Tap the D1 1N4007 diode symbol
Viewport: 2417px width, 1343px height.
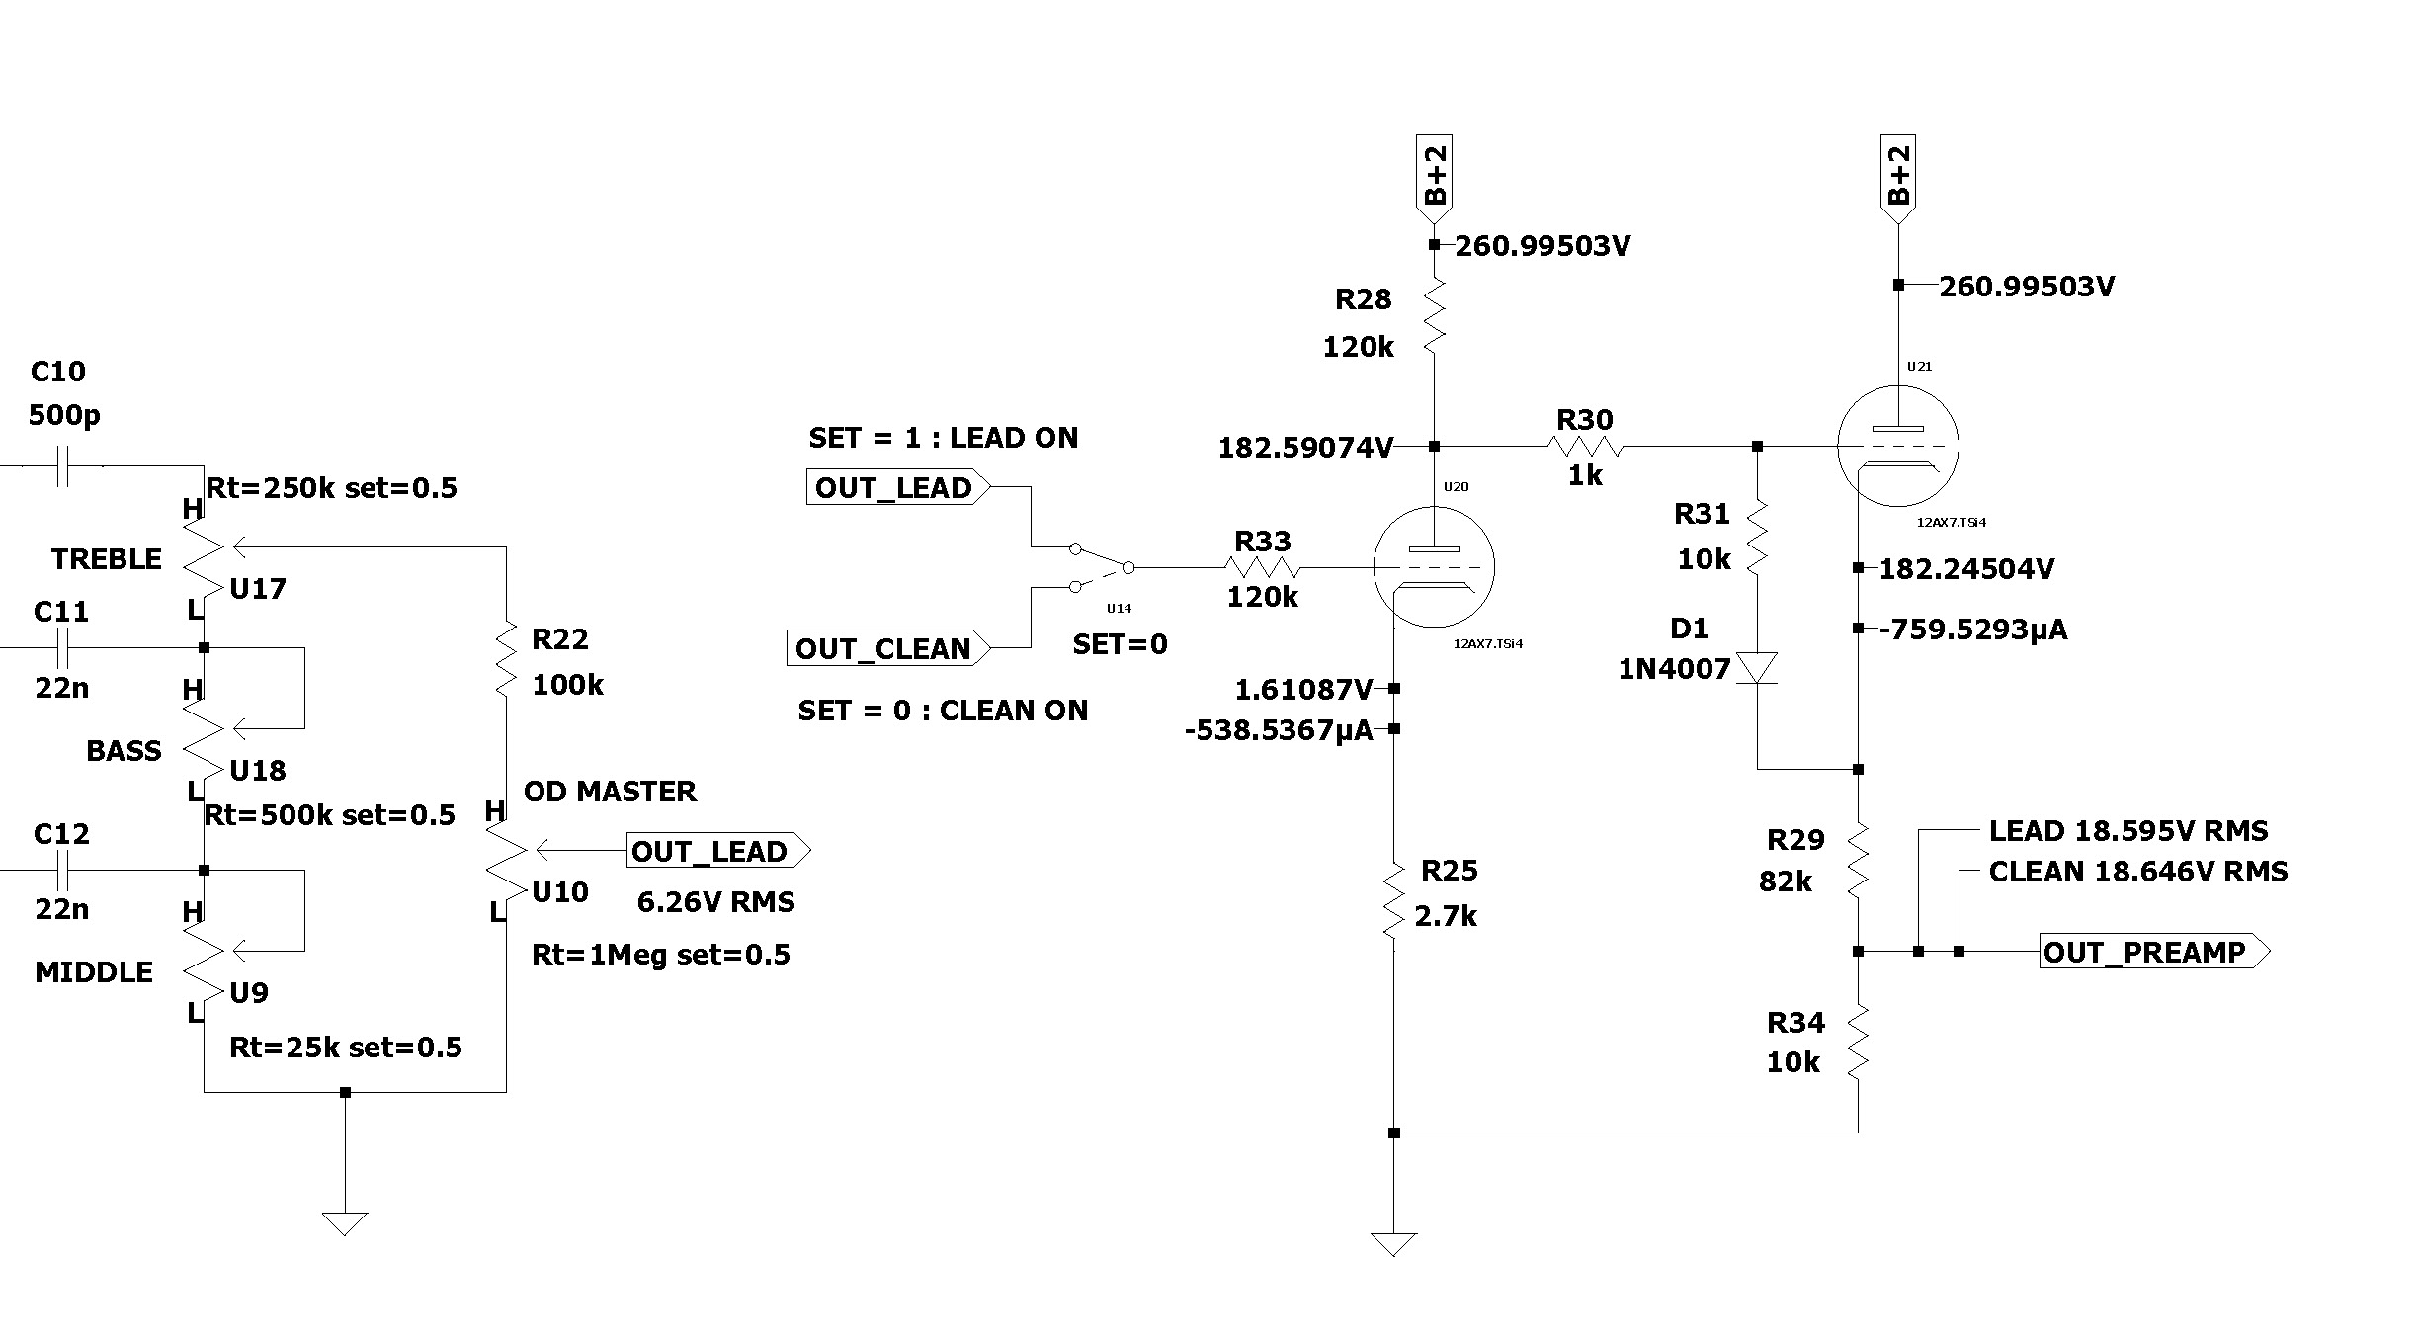(x=1757, y=668)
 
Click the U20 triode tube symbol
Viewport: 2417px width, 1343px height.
(x=1434, y=567)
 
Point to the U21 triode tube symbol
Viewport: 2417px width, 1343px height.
(x=1897, y=445)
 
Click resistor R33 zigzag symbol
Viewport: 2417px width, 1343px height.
(x=1262, y=567)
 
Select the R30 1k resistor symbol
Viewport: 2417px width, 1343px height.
(x=1585, y=447)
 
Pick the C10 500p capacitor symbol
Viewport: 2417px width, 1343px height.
(x=61, y=464)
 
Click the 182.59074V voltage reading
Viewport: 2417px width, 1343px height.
(x=1305, y=448)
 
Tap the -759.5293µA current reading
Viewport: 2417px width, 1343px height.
(x=1972, y=630)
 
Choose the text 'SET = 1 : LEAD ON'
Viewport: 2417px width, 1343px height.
(x=943, y=438)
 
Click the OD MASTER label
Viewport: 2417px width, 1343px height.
(x=610, y=792)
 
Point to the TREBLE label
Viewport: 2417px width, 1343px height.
(x=107, y=559)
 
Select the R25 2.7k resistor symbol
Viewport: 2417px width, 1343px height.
(x=1393, y=899)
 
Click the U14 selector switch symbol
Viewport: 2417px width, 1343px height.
(x=1102, y=567)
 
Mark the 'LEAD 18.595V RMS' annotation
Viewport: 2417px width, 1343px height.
(x=2128, y=831)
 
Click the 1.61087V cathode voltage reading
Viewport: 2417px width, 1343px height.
(x=1303, y=689)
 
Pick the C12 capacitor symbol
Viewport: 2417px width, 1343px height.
(x=61, y=871)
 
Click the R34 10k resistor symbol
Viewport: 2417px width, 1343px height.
(x=1858, y=1041)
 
